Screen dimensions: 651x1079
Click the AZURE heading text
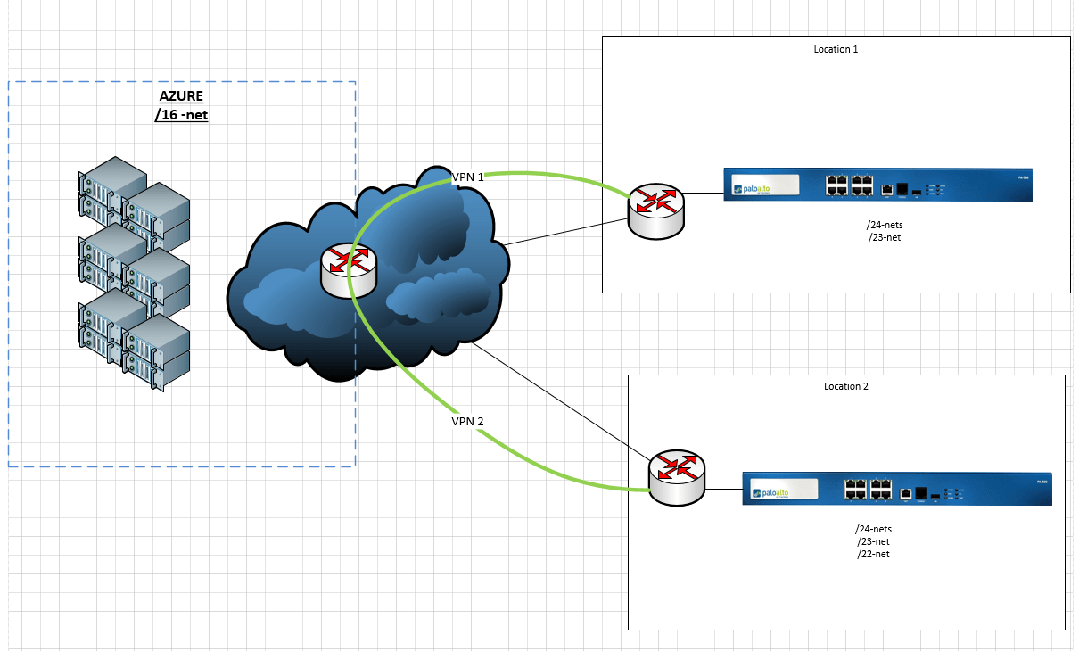pos(181,96)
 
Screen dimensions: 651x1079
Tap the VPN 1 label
pos(467,177)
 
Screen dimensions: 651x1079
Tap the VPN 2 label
pos(467,420)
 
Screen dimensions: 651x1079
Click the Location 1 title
pos(836,49)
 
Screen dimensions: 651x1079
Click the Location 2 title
pos(845,386)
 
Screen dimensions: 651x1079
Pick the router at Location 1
pos(655,210)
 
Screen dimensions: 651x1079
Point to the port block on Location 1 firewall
pos(849,185)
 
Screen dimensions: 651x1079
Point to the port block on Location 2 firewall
pos(869,489)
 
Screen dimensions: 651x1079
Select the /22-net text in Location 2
pos(873,554)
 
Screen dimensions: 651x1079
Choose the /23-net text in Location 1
pos(885,238)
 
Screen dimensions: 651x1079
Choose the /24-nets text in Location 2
pos(873,529)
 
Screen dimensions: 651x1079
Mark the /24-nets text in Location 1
pos(885,226)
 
